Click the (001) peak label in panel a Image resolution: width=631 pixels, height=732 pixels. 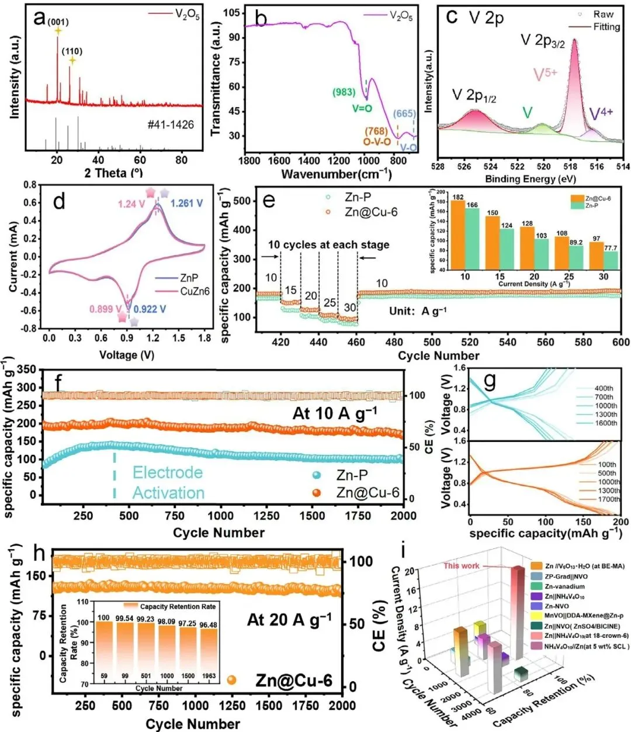coord(58,22)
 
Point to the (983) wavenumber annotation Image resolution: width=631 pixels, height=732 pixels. coord(344,92)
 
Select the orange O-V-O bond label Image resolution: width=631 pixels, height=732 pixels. coord(377,141)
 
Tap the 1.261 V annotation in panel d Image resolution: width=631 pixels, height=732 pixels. coord(187,203)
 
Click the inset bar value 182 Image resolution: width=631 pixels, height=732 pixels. coord(458,197)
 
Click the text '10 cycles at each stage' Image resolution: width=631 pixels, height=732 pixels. coord(329,244)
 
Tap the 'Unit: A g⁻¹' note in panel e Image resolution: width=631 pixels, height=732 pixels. coord(418,310)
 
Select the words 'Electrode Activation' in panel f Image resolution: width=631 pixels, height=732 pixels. coord(168,482)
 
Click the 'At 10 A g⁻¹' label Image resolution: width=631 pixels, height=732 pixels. coord(335,413)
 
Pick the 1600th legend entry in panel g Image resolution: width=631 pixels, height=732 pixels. coord(605,423)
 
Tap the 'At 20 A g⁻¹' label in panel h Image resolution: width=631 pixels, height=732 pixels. coord(289,620)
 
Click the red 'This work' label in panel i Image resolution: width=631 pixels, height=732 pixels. coord(461,565)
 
